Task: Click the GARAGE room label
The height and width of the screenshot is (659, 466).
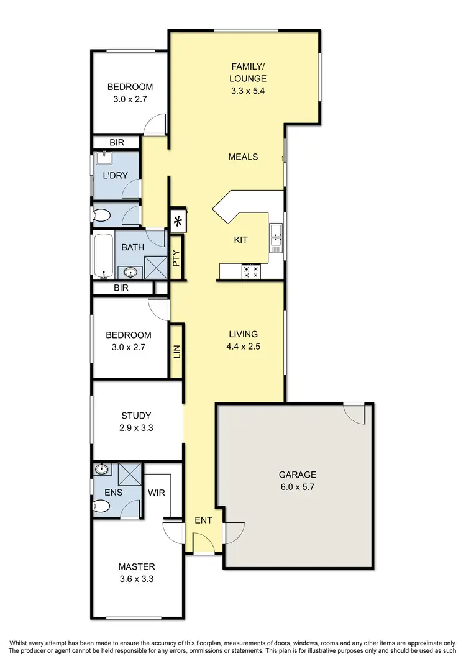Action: pyautogui.click(x=297, y=473)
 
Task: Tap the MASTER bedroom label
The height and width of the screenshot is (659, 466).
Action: pyautogui.click(x=137, y=566)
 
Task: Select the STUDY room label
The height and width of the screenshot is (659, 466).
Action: pyautogui.click(x=137, y=416)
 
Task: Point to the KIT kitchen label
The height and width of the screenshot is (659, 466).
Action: pyautogui.click(x=241, y=240)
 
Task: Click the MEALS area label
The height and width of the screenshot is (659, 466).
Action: pyautogui.click(x=243, y=157)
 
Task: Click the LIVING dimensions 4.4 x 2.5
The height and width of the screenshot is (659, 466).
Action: pyautogui.click(x=243, y=347)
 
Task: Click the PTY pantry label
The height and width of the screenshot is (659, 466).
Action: pyautogui.click(x=176, y=258)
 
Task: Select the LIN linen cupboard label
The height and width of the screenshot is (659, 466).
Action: pyautogui.click(x=176, y=352)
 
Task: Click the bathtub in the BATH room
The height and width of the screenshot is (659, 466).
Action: pyautogui.click(x=104, y=255)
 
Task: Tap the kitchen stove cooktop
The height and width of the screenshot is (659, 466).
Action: pyautogui.click(x=251, y=271)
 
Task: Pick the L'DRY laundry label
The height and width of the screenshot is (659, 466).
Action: pyautogui.click(x=115, y=176)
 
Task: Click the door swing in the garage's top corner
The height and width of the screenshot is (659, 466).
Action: pyautogui.click(x=354, y=413)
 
